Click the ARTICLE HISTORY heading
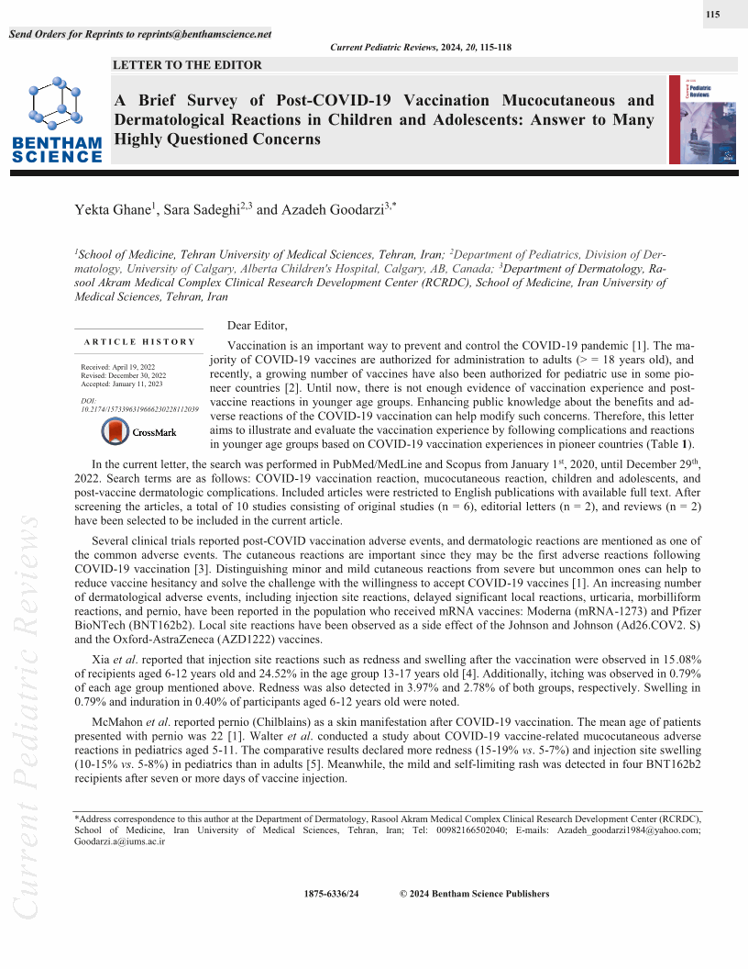pyautogui.click(x=139, y=341)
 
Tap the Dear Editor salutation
pyautogui.click(x=257, y=326)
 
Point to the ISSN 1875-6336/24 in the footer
pyautogui.click(x=331, y=894)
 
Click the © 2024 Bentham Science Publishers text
pyautogui.click(x=475, y=894)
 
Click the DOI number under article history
pyautogui.click(x=140, y=409)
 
